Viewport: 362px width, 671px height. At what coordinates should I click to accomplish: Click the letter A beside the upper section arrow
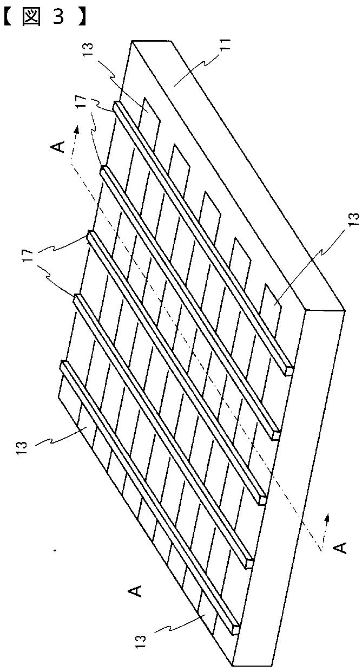(60, 146)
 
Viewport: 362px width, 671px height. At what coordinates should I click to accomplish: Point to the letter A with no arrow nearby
(137, 589)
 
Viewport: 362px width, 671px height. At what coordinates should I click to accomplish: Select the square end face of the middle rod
(264, 498)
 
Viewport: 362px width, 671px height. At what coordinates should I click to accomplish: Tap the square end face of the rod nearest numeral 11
(289, 371)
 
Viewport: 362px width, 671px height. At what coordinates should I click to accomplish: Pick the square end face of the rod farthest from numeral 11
(235, 630)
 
